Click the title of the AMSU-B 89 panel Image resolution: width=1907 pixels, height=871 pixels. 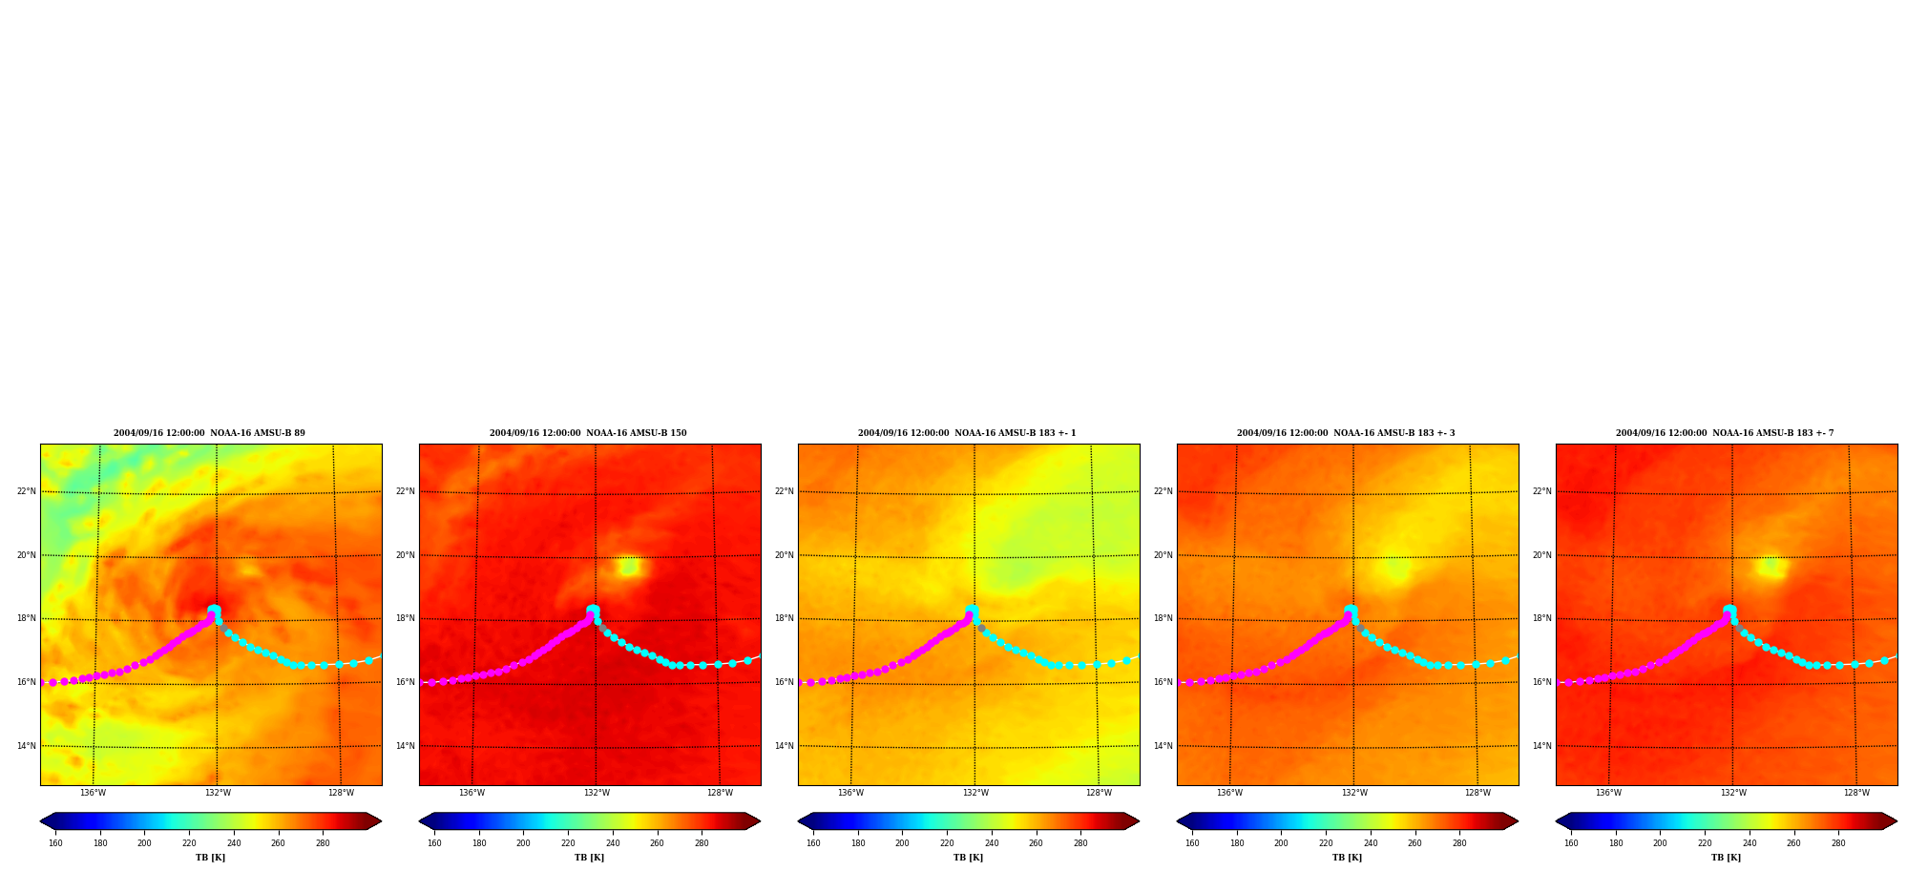point(209,433)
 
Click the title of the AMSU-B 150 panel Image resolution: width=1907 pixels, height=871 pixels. point(588,433)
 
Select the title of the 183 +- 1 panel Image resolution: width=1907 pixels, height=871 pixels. point(967,433)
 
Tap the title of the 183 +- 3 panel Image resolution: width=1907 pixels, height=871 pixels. point(1346,433)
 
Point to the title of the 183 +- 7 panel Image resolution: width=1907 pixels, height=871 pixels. point(1725,433)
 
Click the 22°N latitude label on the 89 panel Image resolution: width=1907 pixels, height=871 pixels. point(27,491)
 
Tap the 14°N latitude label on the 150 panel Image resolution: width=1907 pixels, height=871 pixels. point(406,746)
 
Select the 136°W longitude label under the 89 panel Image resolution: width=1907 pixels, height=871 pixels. point(93,793)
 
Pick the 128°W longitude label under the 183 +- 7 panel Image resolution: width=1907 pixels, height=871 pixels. point(1856,793)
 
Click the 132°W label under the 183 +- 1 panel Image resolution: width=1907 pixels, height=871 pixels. point(975,793)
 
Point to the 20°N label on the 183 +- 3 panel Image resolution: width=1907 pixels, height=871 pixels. point(1163,555)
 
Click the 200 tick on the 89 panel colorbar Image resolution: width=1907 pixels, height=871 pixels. point(144,843)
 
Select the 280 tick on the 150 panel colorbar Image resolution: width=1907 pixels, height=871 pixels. point(702,843)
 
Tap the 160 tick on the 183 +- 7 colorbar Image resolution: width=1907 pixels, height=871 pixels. point(1571,843)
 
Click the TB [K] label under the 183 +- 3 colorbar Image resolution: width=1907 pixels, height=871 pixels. point(1347,858)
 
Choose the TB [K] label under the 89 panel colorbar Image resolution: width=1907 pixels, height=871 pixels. point(210,858)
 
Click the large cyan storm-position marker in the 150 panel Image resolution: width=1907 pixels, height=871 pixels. point(593,611)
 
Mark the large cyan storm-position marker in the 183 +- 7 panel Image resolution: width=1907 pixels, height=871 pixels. point(1729,611)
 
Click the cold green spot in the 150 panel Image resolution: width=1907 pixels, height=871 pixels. point(628,567)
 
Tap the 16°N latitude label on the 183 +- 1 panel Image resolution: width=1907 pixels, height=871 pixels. point(785,682)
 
